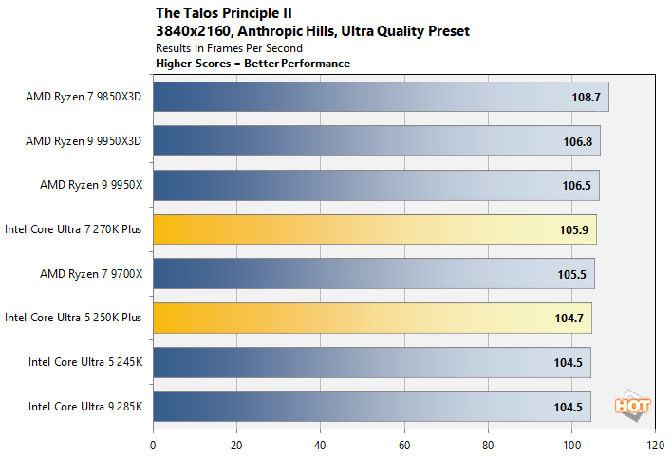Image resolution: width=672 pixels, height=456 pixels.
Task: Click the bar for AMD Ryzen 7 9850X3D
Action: (x=380, y=98)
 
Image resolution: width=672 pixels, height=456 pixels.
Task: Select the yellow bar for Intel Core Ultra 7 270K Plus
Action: (x=374, y=229)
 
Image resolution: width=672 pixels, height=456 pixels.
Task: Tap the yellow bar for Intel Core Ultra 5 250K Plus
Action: (x=372, y=318)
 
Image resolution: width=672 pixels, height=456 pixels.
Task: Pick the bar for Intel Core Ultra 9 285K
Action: (x=371, y=406)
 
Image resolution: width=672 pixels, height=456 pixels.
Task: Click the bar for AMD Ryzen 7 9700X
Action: (x=373, y=274)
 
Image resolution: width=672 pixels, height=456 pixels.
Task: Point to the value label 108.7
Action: (x=584, y=98)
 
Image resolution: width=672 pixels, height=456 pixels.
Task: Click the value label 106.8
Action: (x=576, y=142)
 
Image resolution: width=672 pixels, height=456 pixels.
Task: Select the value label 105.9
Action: (x=572, y=229)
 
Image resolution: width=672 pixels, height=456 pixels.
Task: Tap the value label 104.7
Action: (x=568, y=318)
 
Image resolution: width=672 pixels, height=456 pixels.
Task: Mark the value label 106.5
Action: (x=575, y=186)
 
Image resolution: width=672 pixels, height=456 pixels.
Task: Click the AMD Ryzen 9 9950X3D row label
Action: (x=84, y=141)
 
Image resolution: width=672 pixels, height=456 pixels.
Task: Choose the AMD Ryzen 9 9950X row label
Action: (x=90, y=185)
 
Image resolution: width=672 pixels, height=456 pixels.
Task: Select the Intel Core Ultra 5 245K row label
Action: (x=84, y=361)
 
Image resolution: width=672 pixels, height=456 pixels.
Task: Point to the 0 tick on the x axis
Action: (x=153, y=443)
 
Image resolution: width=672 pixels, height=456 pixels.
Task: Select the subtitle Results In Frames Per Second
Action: (x=229, y=47)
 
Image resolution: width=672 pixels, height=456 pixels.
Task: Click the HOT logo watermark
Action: (x=633, y=405)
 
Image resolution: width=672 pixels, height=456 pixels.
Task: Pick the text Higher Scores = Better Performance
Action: (x=252, y=63)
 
